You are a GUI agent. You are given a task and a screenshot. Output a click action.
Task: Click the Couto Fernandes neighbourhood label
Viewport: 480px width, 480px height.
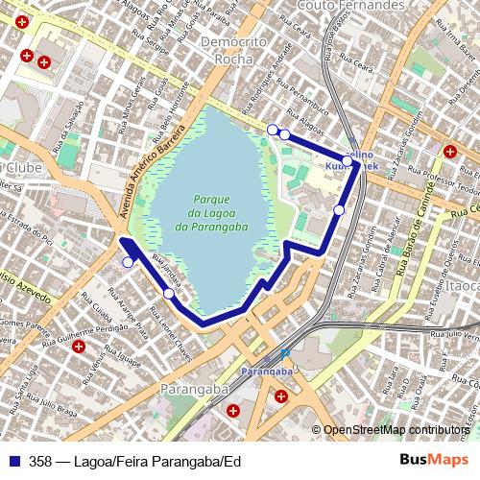(x=351, y=6)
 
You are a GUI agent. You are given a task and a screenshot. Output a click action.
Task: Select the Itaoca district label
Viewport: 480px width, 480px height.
(x=462, y=286)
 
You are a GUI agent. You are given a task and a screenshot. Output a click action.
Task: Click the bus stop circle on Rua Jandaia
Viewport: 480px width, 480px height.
(x=169, y=293)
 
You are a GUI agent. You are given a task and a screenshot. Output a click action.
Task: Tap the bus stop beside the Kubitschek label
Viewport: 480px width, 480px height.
(x=348, y=161)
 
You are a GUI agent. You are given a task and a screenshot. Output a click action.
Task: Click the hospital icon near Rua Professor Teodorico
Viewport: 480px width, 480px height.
(x=450, y=150)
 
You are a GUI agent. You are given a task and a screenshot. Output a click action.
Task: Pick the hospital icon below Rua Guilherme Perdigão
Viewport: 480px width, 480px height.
(x=79, y=347)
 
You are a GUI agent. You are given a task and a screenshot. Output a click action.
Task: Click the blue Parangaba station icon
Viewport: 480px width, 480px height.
(x=285, y=353)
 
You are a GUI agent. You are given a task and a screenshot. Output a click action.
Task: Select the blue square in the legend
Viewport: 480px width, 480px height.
(x=13, y=462)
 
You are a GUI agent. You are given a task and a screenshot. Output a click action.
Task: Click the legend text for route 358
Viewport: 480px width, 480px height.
(x=134, y=462)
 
